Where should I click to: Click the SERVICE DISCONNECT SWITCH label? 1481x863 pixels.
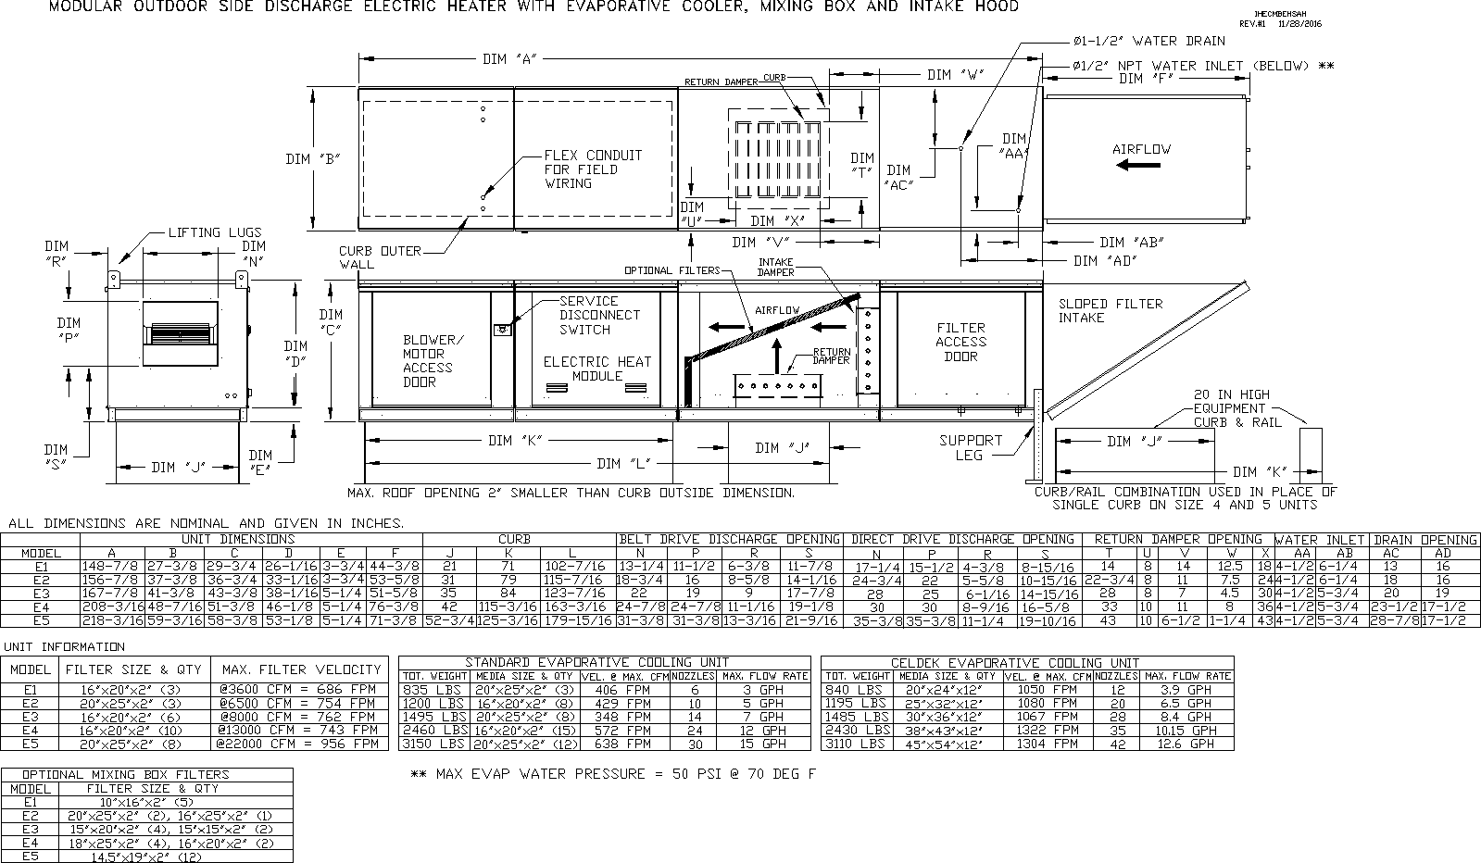pyautogui.click(x=598, y=315)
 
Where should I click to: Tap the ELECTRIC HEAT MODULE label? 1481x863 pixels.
pyautogui.click(x=596, y=369)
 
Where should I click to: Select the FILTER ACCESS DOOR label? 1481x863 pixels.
pyautogui.click(x=960, y=342)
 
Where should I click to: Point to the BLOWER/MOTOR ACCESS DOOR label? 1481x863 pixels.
pyautogui.click(x=427, y=360)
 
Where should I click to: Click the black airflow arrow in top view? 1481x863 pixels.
pyautogui.click(x=1138, y=165)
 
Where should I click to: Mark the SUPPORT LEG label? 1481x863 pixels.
pyautogui.click(x=971, y=447)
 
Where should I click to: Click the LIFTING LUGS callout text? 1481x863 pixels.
pyautogui.click(x=214, y=232)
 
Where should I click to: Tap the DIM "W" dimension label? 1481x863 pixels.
pyautogui.click(x=955, y=75)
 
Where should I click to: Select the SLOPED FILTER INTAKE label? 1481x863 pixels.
pyautogui.click(x=1110, y=310)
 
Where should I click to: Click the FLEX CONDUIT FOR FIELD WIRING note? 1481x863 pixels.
pyautogui.click(x=593, y=169)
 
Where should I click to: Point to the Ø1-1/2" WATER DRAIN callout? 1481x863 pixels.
pyautogui.click(x=1148, y=41)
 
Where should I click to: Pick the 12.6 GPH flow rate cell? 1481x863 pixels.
pyautogui.click(x=1186, y=744)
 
